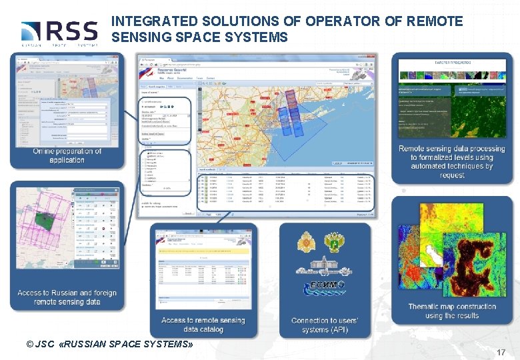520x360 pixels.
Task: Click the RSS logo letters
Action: (x=71, y=31)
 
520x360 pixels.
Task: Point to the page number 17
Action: (x=501, y=351)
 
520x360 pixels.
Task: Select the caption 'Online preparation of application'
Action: (x=67, y=155)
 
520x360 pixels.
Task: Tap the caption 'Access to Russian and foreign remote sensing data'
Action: (x=67, y=297)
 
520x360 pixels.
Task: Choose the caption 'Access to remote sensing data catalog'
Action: (x=203, y=325)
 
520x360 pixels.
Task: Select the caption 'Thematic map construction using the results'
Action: (x=452, y=311)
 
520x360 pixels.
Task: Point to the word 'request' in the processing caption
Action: (x=452, y=175)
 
